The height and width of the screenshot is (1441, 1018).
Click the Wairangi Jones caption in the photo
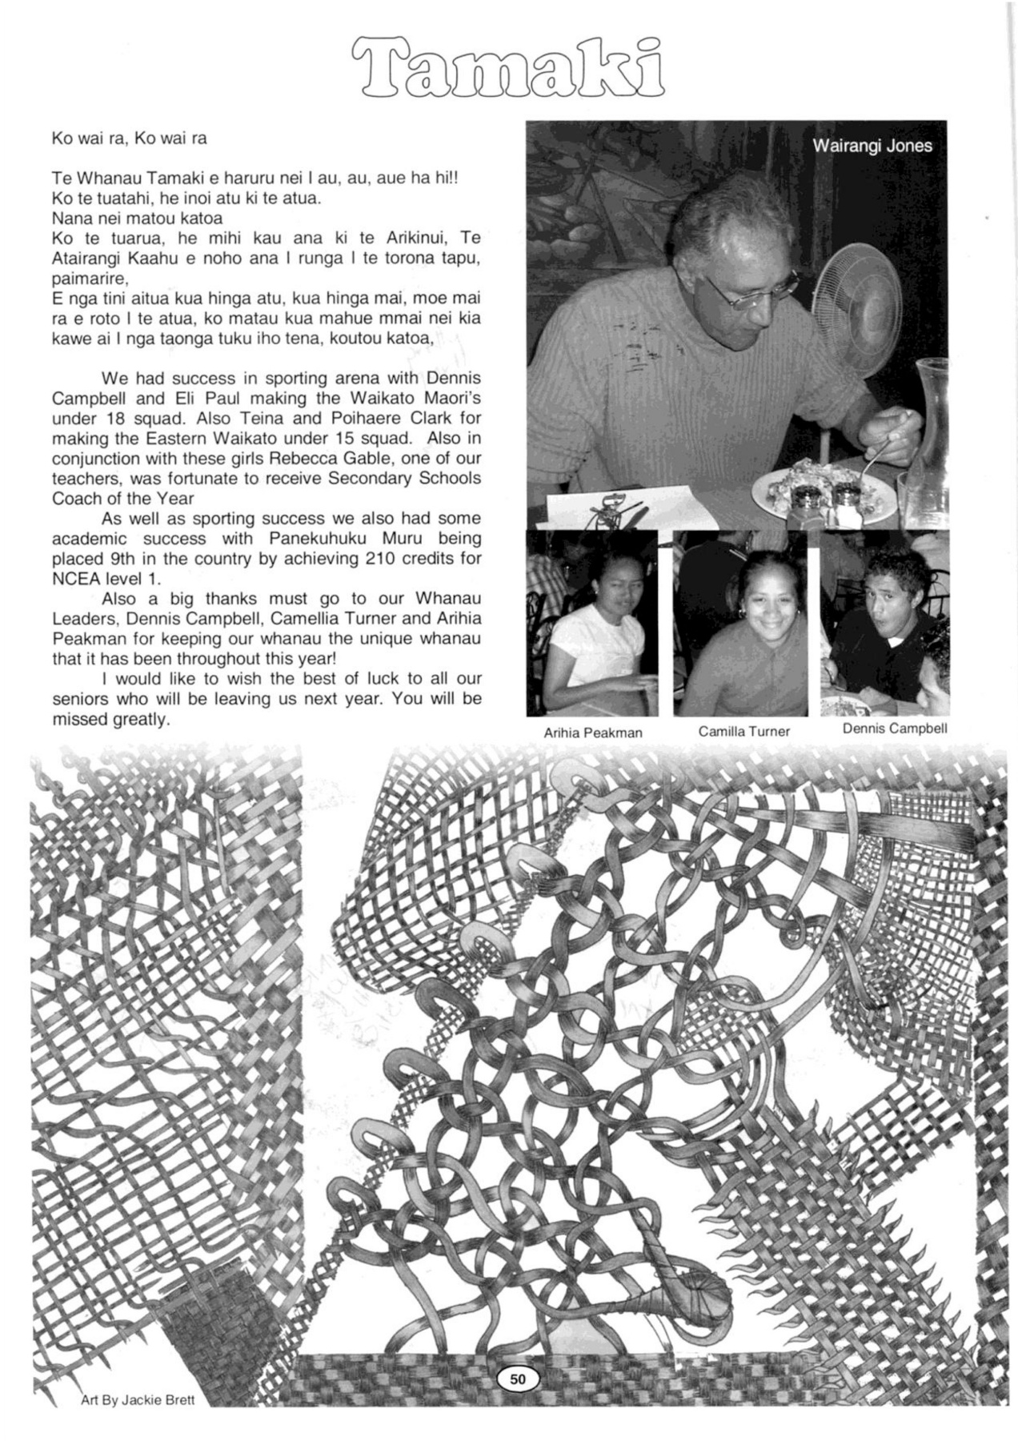tap(872, 146)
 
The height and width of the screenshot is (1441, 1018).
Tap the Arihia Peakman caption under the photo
tap(592, 733)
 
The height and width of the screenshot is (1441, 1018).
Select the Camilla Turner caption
tap(743, 731)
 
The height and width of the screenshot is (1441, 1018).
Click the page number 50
tap(518, 1379)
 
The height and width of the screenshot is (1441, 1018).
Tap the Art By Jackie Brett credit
tap(138, 1400)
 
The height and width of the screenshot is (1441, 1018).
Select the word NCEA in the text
tap(73, 578)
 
